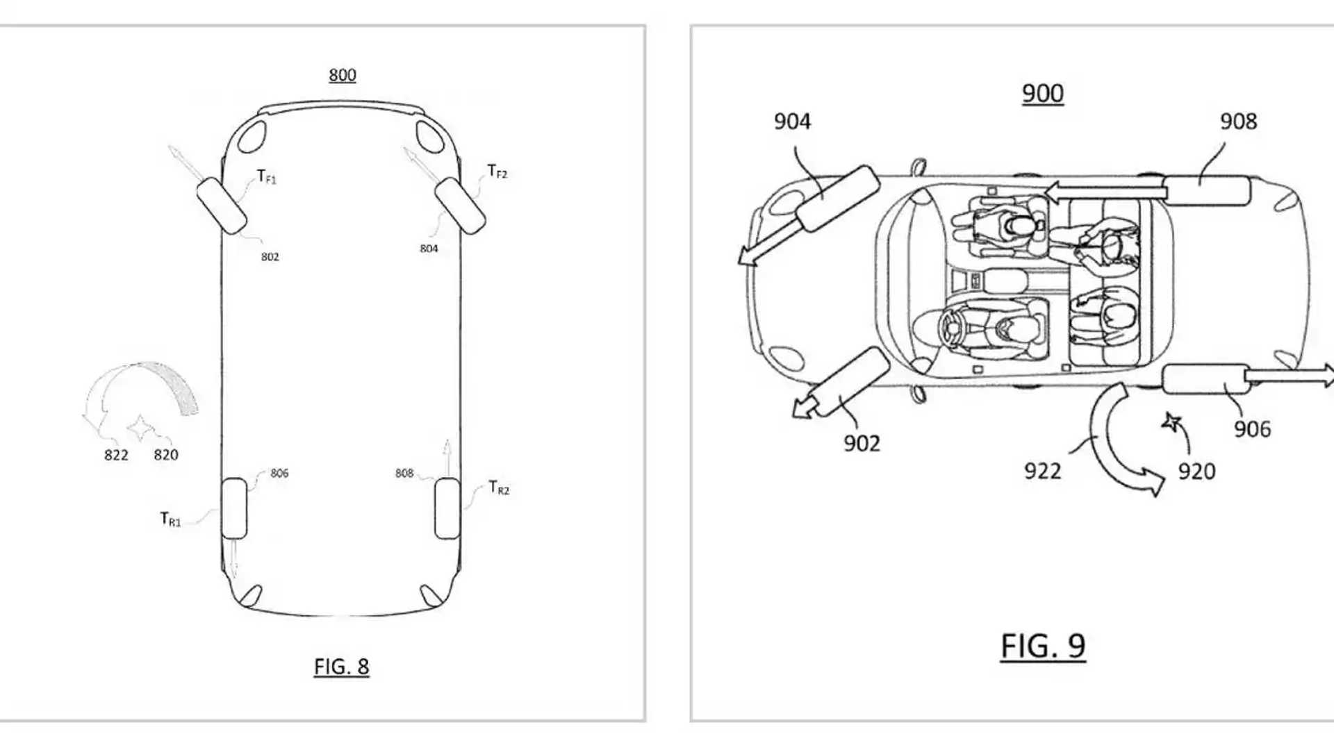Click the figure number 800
(x=342, y=75)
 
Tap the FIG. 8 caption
(x=341, y=667)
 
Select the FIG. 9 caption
(x=1042, y=646)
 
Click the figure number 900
(x=1042, y=94)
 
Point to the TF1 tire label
(x=266, y=177)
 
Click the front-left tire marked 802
(x=222, y=205)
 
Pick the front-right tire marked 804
(x=459, y=205)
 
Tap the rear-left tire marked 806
(x=234, y=508)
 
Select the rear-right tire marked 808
(x=447, y=508)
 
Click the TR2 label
(x=499, y=488)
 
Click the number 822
(x=116, y=455)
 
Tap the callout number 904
(x=792, y=122)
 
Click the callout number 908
(x=1238, y=122)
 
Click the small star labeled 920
(x=1171, y=422)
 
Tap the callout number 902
(x=862, y=444)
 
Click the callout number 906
(x=1252, y=429)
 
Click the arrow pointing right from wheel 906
(x=1289, y=377)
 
